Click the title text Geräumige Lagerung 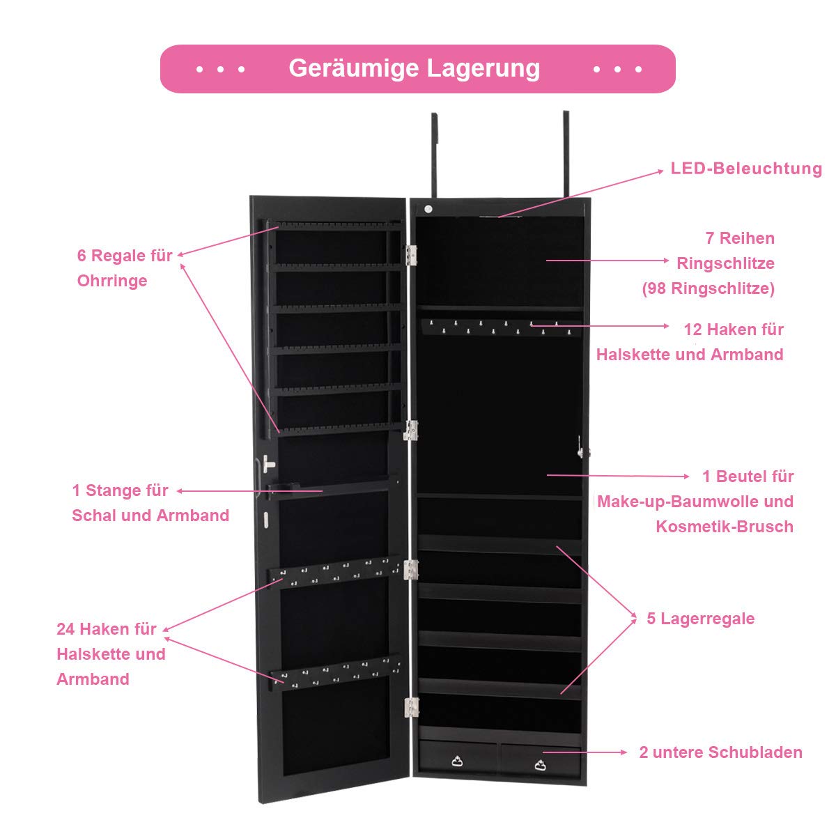pos(414,68)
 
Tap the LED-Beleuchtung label pos(746,169)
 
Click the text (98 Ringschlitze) pos(708,288)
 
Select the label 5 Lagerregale pos(701,619)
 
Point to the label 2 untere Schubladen pos(720,752)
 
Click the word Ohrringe pos(112,281)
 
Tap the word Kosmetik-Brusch pos(725,527)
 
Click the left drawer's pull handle pos(457,761)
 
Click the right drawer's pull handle pos(540,765)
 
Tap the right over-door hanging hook pos(566,153)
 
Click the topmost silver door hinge pos(411,255)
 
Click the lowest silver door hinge pos(411,708)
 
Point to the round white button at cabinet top pos(428,209)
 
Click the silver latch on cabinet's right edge pos(580,447)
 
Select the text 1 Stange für pos(120,490)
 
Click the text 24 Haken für pos(107,628)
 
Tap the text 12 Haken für pos(734,330)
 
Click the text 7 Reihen pos(740,238)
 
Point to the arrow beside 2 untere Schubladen pos(585,752)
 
